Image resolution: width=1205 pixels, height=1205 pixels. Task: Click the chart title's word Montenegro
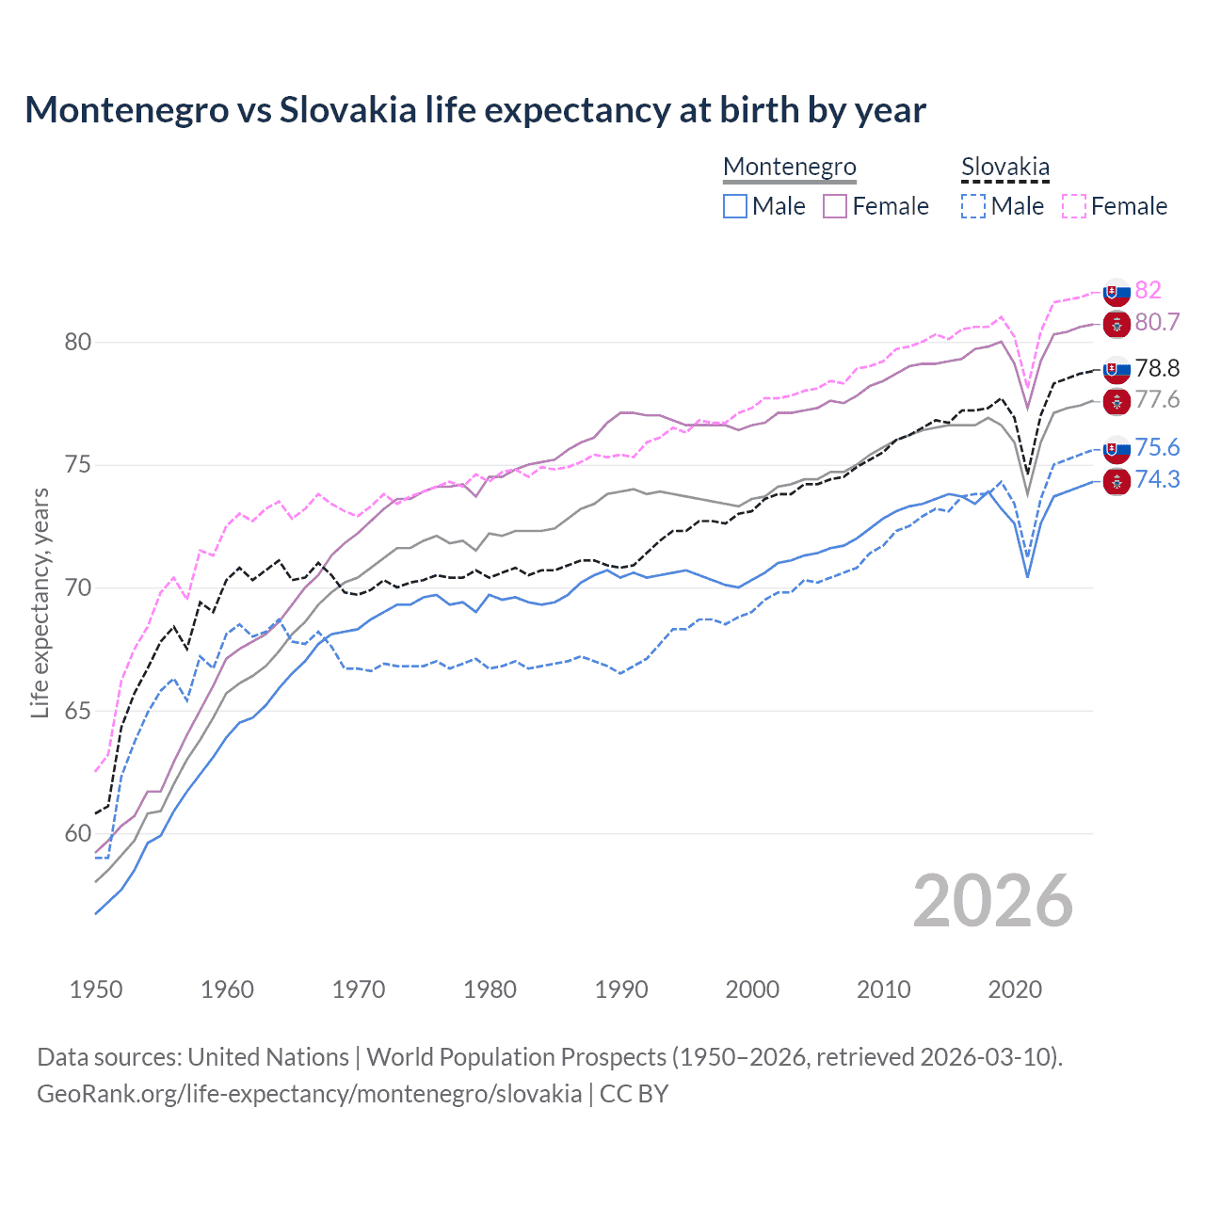(x=126, y=110)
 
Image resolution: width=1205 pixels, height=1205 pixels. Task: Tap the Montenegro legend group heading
(x=789, y=167)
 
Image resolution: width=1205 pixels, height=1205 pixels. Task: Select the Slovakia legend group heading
(x=1004, y=167)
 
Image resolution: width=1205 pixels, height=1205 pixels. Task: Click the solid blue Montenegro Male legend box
(x=735, y=206)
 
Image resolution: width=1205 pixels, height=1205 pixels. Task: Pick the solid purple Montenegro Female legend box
(x=835, y=206)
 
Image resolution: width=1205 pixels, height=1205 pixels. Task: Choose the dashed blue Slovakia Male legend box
(x=973, y=206)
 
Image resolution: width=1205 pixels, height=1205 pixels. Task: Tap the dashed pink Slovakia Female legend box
(x=1074, y=206)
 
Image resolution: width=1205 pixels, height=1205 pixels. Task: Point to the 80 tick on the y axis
(x=77, y=342)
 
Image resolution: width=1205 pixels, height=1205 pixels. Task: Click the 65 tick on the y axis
(x=77, y=711)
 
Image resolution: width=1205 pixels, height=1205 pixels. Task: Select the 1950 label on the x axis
(x=96, y=989)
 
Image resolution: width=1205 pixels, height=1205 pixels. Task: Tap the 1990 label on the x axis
(x=621, y=989)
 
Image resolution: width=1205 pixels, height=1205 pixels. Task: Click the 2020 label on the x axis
(x=1015, y=989)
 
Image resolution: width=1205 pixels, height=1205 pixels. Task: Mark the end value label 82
(x=1148, y=290)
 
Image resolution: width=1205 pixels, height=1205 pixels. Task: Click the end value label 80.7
(x=1157, y=322)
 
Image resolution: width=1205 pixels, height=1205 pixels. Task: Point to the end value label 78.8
(x=1157, y=368)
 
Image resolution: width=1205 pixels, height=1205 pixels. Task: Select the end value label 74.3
(x=1157, y=479)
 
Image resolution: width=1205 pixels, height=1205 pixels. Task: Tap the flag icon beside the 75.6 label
(x=1117, y=448)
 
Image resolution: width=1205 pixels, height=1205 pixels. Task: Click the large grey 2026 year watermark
(x=992, y=901)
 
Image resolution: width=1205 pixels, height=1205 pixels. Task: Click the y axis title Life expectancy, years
(x=40, y=602)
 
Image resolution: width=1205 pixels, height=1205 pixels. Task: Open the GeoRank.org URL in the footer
(x=309, y=1094)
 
